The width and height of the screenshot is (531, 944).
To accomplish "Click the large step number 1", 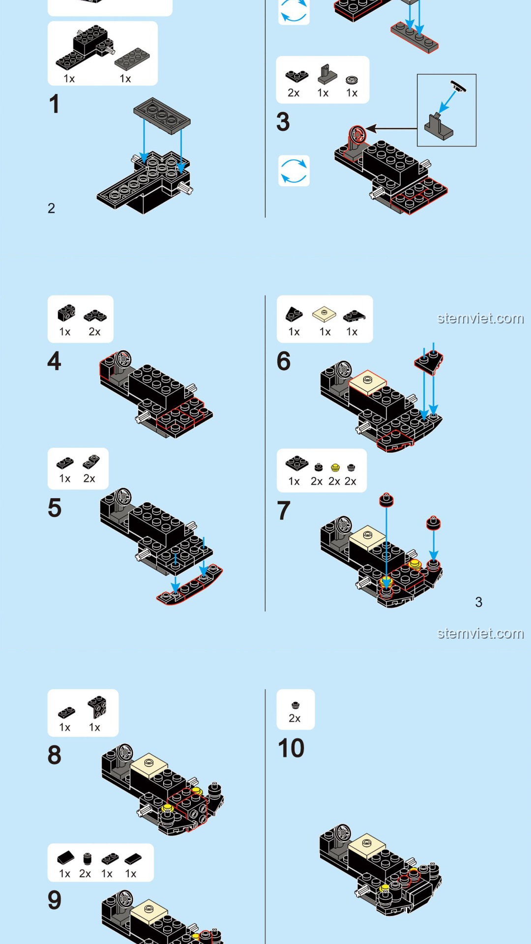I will pyautogui.click(x=54, y=104).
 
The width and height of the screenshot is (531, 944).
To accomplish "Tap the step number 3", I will pyautogui.click(x=283, y=122).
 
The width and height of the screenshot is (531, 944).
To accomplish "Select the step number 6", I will pyautogui.click(x=284, y=361).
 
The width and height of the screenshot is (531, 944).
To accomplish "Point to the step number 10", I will pyautogui.click(x=291, y=748).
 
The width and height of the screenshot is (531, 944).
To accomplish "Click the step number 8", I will pyautogui.click(x=55, y=755).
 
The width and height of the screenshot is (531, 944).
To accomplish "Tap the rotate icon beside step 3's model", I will pyautogui.click(x=294, y=171).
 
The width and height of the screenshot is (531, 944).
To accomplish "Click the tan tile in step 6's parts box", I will pyautogui.click(x=324, y=314).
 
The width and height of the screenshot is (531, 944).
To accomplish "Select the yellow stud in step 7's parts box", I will pyautogui.click(x=335, y=467).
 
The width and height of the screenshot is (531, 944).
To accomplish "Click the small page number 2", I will pyautogui.click(x=51, y=208).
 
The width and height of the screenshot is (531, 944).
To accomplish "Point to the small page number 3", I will pyautogui.click(x=478, y=602).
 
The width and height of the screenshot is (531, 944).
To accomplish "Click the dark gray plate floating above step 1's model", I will pyautogui.click(x=162, y=116).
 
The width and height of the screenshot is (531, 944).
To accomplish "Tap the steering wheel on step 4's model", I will pyautogui.click(x=123, y=358).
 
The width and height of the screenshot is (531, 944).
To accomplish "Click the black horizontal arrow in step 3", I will pyautogui.click(x=391, y=129).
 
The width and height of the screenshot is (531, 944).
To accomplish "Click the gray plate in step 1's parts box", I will pyautogui.click(x=132, y=59).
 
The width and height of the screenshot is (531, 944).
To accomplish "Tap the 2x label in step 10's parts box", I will pyautogui.click(x=295, y=718).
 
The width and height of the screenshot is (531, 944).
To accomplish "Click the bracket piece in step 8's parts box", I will pyautogui.click(x=97, y=707).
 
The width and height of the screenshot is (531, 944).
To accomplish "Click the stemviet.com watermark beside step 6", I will pyautogui.click(x=480, y=319).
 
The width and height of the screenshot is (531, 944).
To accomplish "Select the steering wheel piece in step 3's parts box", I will pyautogui.click(x=352, y=80).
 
